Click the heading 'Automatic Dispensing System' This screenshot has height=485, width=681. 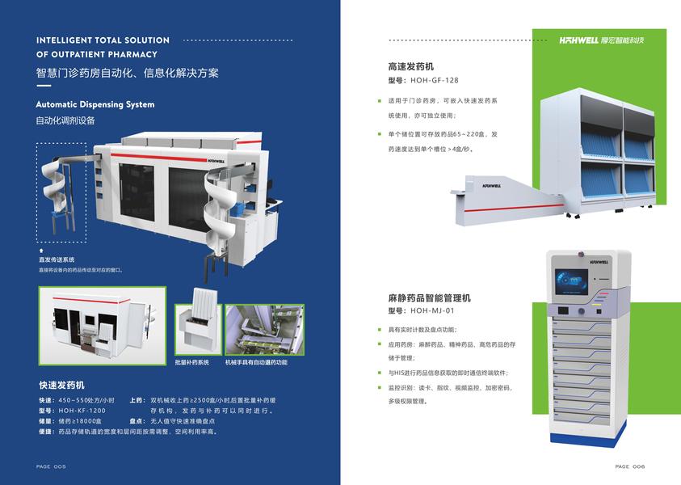pyautogui.click(x=95, y=104)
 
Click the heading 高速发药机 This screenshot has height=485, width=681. pyautogui.click(x=411, y=67)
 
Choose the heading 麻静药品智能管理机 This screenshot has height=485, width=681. pyautogui.click(x=430, y=297)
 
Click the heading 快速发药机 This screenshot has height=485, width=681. pyautogui.click(x=61, y=385)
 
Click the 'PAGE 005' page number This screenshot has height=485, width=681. pyautogui.click(x=51, y=466)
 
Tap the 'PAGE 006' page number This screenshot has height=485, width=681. pyautogui.click(x=630, y=466)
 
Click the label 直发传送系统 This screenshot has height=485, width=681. pyautogui.click(x=57, y=260)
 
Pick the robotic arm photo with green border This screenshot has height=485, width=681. pyautogui.click(x=264, y=330)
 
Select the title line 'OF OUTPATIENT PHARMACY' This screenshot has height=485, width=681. pyautogui.click(x=95, y=55)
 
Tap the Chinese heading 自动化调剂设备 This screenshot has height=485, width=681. pyautogui.click(x=65, y=120)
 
